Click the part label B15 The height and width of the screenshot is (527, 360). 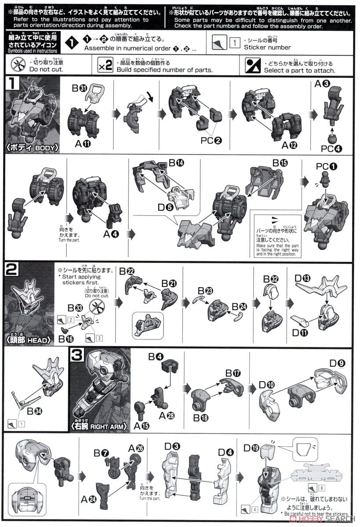[280, 163]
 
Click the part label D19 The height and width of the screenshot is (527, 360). [252, 448]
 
